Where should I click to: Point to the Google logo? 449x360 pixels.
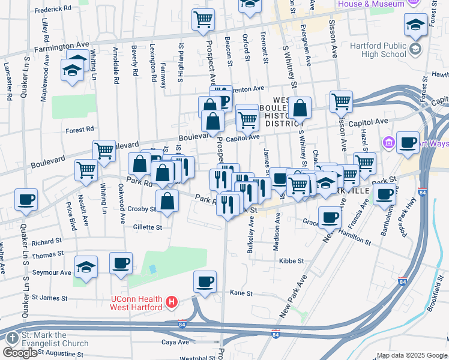click(20, 353)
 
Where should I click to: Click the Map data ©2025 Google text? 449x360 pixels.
click(411, 355)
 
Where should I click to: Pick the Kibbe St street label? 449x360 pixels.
click(292, 262)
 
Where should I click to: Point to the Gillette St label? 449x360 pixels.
click(148, 227)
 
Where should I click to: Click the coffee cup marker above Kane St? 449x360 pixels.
click(205, 281)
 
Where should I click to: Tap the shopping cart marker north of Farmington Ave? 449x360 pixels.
click(203, 19)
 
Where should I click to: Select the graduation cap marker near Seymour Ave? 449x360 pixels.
click(86, 267)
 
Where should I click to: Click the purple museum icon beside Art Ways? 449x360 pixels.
click(388, 143)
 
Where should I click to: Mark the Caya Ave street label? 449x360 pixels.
click(175, 342)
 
